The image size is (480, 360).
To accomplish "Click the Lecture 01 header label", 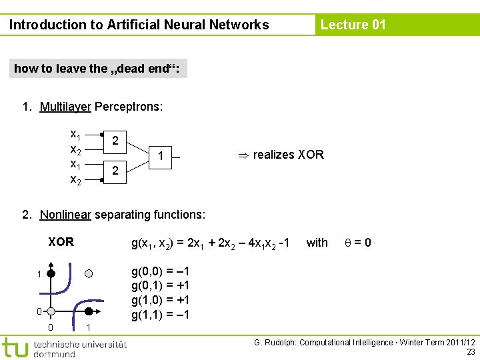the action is click(353, 25).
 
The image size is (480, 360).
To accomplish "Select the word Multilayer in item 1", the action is click(65, 107).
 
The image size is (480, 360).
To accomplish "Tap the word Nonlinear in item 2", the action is click(65, 215).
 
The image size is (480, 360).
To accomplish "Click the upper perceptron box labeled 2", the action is click(115, 141).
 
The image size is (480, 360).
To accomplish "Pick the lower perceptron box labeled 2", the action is click(115, 171).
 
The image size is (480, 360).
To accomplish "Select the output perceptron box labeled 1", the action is click(161, 157).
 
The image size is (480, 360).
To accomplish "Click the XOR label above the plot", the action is click(61, 242).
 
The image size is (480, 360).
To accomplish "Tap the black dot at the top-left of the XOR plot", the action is click(51, 273).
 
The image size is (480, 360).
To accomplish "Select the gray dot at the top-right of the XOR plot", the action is click(89, 273).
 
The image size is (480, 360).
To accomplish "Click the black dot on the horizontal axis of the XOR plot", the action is click(89, 311).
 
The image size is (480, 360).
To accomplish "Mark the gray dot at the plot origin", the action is click(51, 311).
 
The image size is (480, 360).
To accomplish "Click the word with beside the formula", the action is click(317, 243).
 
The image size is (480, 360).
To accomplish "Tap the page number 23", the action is click(471, 352).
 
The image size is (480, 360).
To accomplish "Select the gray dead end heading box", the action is click(98, 69).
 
